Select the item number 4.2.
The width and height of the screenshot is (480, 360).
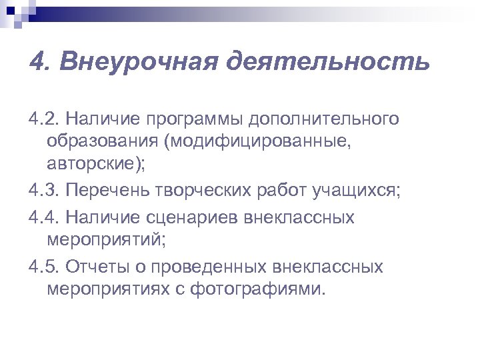[x=45, y=119]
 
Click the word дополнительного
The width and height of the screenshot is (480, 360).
[x=325, y=119]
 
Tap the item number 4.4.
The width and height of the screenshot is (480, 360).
[x=45, y=217]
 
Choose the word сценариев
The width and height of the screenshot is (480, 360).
[x=197, y=217]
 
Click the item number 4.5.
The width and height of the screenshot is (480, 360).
[x=45, y=267]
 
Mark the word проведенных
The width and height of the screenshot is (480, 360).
[x=210, y=267]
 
